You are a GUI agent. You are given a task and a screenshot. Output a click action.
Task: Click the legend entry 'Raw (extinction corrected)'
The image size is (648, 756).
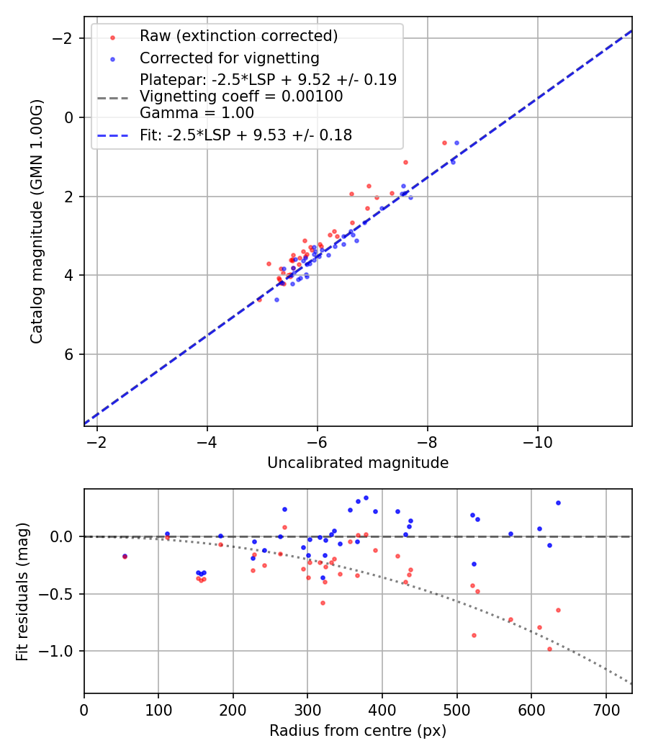[x=238, y=36]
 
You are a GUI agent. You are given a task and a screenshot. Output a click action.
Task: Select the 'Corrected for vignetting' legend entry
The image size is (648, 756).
[x=229, y=58]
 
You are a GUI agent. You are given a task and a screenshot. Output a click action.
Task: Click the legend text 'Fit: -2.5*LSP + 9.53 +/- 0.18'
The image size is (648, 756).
[x=246, y=135]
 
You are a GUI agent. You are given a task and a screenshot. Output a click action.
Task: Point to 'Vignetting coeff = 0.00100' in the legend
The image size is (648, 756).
[x=241, y=96]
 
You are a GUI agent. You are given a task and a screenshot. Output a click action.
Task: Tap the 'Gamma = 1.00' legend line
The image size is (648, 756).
[x=197, y=113]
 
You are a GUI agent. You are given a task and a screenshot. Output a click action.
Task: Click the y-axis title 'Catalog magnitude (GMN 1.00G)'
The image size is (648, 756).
[x=37, y=221]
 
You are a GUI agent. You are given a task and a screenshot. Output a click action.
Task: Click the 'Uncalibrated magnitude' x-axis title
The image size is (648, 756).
[x=358, y=463]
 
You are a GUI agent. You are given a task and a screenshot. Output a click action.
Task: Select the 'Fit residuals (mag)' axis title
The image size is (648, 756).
[x=22, y=591]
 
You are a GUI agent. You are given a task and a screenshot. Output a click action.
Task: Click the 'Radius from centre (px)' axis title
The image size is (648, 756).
[x=358, y=731]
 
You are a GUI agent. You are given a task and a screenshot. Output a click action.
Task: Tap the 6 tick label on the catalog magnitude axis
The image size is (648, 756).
[x=71, y=354]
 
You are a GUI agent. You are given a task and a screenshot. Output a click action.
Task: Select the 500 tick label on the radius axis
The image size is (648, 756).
[x=456, y=709]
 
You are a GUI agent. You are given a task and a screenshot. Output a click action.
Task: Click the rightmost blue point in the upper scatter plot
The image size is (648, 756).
[x=456, y=143]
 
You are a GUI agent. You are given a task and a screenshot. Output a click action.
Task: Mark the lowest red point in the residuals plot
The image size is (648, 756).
[x=549, y=649]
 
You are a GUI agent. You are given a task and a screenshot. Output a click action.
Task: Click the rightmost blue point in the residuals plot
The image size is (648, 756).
[x=558, y=503]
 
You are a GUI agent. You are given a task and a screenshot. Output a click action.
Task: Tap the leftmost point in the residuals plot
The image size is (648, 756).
[x=125, y=556]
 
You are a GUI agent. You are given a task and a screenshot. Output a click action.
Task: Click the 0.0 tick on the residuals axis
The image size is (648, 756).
[x=67, y=536]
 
